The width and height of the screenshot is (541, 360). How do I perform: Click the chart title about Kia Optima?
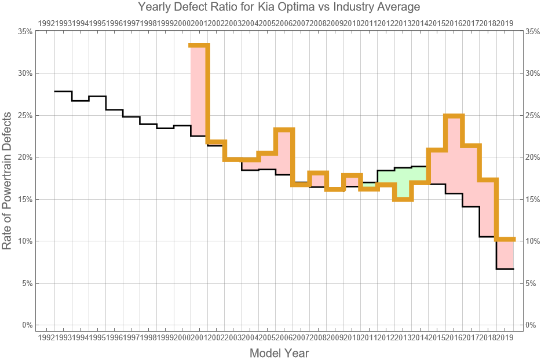(x=279, y=7)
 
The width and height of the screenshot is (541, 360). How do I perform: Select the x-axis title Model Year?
(x=279, y=352)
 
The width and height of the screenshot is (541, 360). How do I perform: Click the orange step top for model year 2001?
(x=199, y=45)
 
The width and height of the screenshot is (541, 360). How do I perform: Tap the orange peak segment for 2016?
(x=454, y=116)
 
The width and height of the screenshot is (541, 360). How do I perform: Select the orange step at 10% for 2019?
(x=505, y=239)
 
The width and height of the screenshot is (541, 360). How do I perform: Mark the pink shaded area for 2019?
(x=505, y=254)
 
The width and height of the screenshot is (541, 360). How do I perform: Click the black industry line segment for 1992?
(x=63, y=91)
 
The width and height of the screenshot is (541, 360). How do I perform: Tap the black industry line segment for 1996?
(x=131, y=116)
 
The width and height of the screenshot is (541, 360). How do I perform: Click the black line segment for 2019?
(x=505, y=269)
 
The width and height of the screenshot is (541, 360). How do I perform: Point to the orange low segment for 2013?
(x=402, y=199)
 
